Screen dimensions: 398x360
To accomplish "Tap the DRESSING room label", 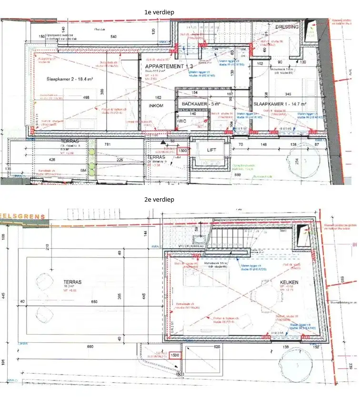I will point(287,27).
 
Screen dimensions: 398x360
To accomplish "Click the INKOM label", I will point(156,105).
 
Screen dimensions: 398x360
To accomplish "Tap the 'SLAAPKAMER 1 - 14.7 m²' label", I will point(280,104).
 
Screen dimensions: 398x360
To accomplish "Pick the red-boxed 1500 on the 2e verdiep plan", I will point(174,356).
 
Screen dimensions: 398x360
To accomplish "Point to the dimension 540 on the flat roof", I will point(113,37).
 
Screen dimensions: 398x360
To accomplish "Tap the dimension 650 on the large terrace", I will point(94,302).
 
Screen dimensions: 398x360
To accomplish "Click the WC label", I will point(181,122).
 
